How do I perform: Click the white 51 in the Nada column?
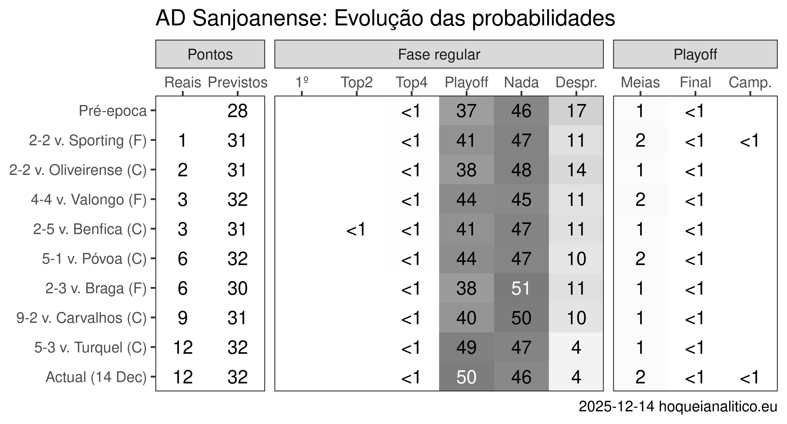pos(521,288)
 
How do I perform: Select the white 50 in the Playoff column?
pos(466,377)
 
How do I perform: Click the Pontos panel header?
pos(210,55)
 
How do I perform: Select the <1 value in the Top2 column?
pos(356,229)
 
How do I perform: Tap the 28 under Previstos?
pos(237,111)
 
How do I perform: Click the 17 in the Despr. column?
pos(576,111)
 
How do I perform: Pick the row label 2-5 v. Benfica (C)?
pos(90,229)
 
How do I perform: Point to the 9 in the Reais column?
pos(182,318)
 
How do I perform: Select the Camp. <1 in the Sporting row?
pos(749,141)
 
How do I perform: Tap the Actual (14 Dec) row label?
pos(96,377)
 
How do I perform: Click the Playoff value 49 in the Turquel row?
pos(466,347)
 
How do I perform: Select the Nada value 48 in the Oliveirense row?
pos(521,170)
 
